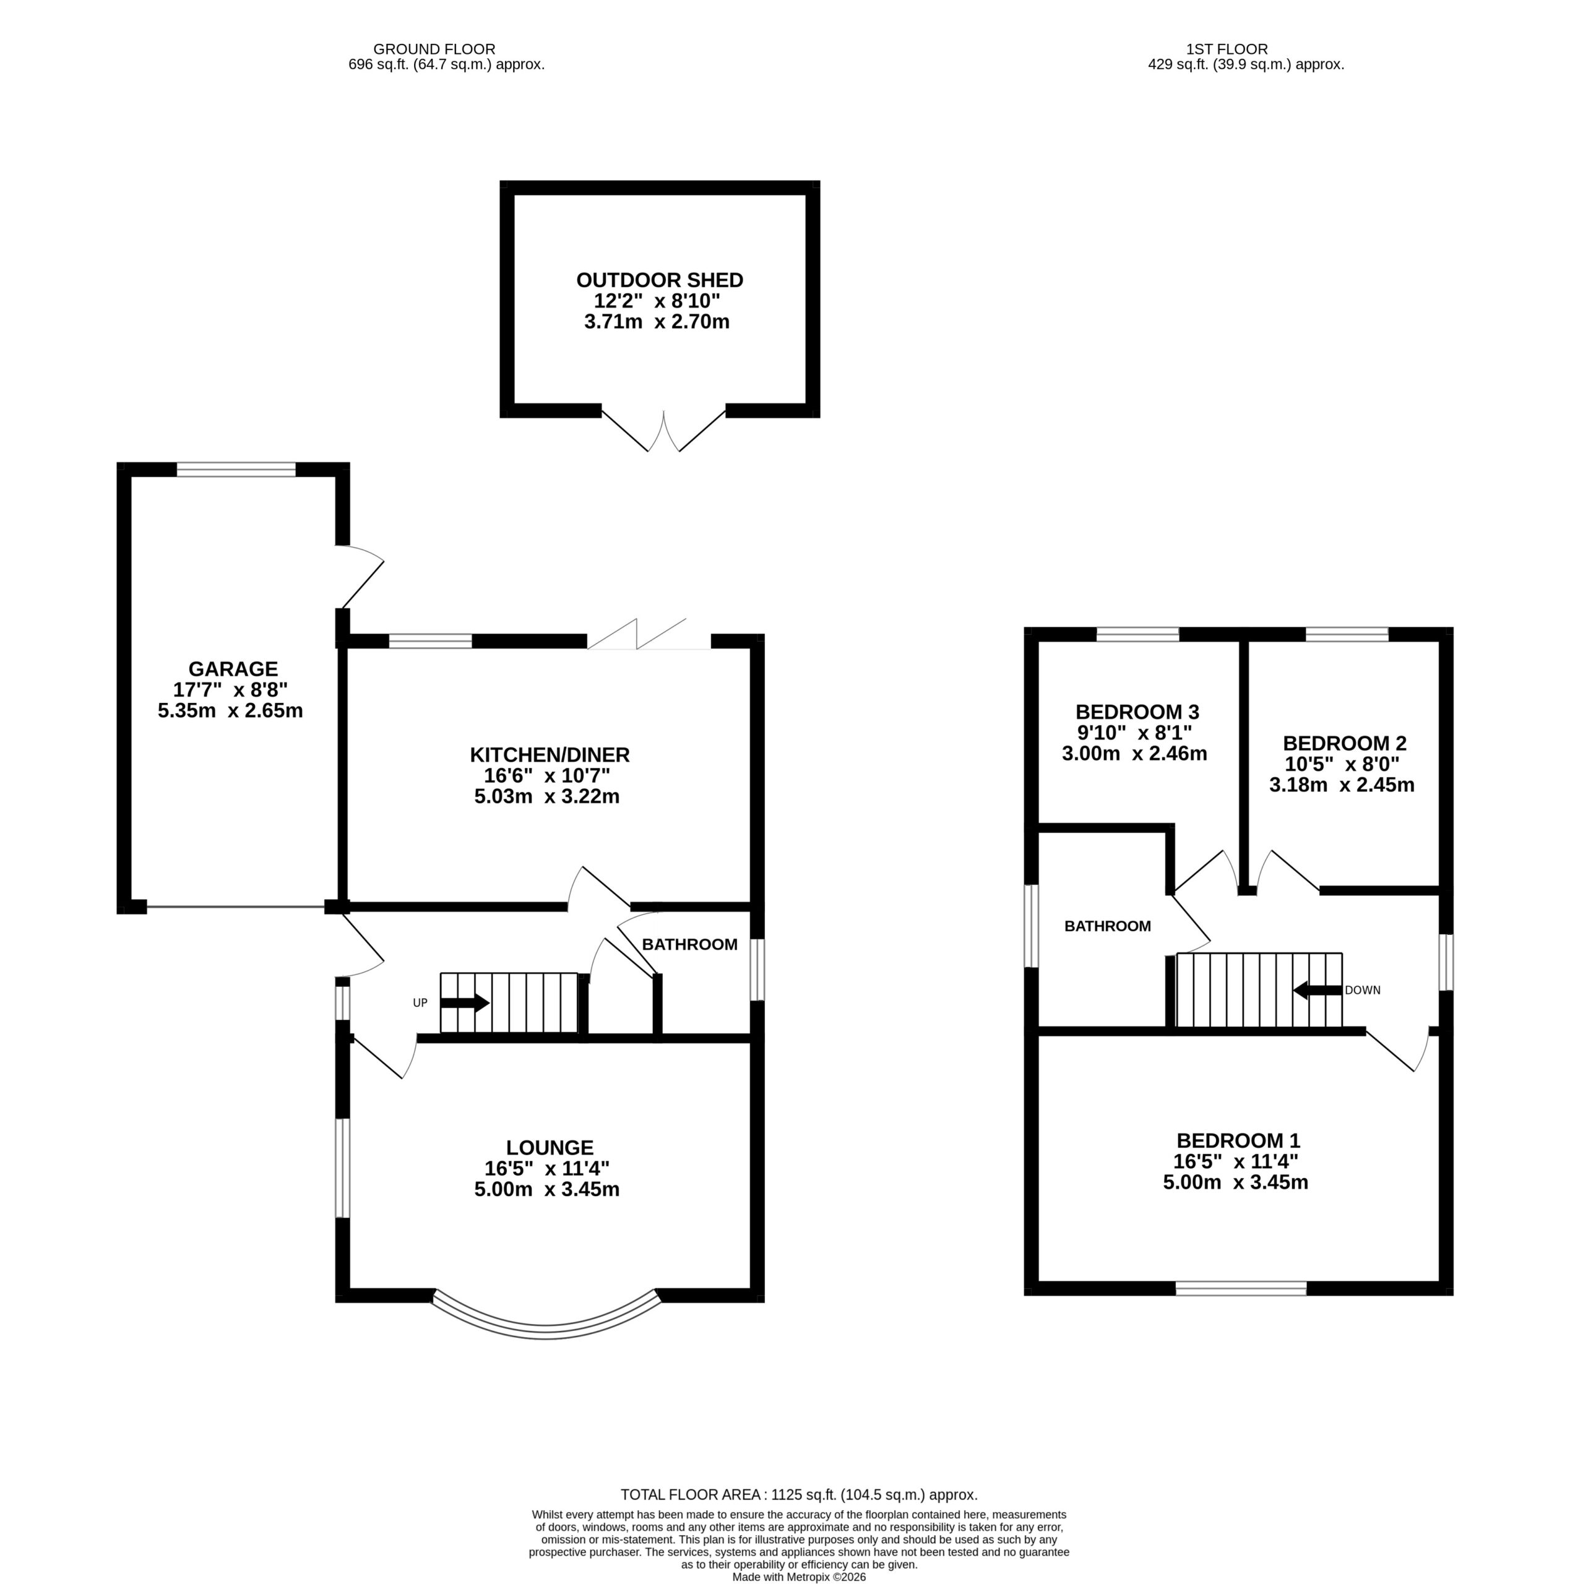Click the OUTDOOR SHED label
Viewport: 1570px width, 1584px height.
point(659,280)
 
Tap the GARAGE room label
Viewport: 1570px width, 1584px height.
point(233,669)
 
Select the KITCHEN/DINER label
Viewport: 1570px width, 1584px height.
point(550,754)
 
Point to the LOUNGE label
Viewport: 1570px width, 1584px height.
point(550,1148)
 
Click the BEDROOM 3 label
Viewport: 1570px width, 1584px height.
point(1137,712)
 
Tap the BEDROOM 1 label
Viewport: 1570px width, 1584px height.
point(1238,1140)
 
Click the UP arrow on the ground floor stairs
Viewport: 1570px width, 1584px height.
point(465,1003)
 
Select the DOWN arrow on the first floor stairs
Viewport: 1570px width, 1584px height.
point(1318,991)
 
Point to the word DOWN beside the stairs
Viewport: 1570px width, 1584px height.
point(1363,991)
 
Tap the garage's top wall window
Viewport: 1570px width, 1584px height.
point(236,470)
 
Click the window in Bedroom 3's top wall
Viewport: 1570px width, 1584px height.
point(1138,634)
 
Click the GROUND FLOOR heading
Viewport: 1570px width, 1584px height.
point(434,49)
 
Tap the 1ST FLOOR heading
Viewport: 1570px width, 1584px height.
point(1227,49)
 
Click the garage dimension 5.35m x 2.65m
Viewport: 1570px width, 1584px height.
point(230,711)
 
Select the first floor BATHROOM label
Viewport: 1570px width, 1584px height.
point(1108,926)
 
